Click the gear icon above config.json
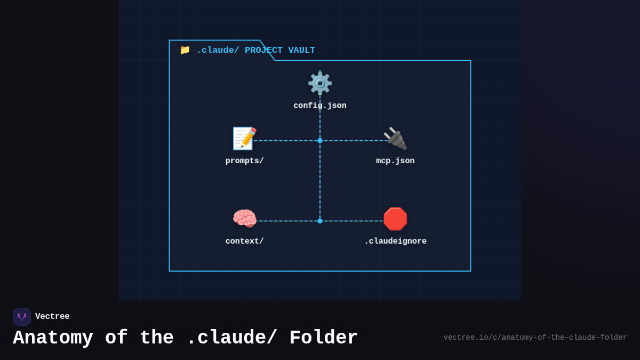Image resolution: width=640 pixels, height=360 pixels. click(320, 83)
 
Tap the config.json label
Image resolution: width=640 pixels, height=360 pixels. click(320, 106)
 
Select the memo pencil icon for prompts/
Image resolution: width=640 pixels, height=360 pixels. click(244, 139)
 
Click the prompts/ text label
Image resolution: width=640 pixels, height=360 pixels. click(244, 161)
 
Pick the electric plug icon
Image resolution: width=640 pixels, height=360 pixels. click(395, 139)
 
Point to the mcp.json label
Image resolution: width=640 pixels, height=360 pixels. click(395, 161)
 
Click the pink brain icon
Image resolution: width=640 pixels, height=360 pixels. click(244, 219)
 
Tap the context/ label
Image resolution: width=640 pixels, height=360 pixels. click(244, 241)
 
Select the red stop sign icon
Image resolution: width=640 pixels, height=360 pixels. click(395, 219)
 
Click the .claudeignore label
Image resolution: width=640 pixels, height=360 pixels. click(395, 241)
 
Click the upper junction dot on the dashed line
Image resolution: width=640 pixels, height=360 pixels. click(320, 141)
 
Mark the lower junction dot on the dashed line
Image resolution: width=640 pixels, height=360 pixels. click(320, 221)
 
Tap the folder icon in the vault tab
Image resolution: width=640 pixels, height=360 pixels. click(185, 50)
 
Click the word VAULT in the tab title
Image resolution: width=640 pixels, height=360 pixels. click(302, 50)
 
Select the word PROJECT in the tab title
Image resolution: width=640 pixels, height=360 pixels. click(263, 50)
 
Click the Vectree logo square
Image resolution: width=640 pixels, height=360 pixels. click(22, 317)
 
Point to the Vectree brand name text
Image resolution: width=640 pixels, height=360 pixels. click(52, 317)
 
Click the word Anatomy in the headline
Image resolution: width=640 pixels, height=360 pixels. click(53, 338)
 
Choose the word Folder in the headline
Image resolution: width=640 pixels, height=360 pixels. click(323, 338)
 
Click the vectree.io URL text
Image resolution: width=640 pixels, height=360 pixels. click(535, 338)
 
